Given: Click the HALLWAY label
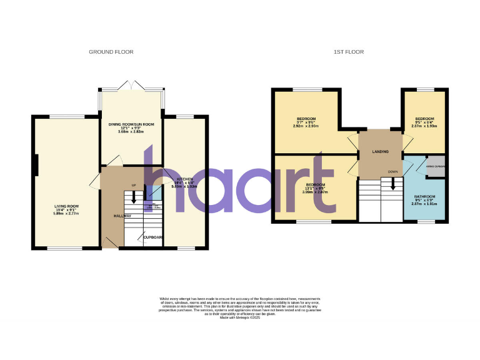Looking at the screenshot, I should (x=122, y=216).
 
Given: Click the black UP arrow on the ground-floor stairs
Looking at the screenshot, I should (x=133, y=197).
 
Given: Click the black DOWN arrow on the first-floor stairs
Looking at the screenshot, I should (x=392, y=182).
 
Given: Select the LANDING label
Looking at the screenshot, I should (x=380, y=152).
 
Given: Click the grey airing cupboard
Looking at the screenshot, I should (x=435, y=167).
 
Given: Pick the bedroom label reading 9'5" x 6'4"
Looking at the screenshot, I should (x=425, y=122).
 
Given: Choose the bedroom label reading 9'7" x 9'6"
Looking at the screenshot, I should (x=306, y=122).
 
